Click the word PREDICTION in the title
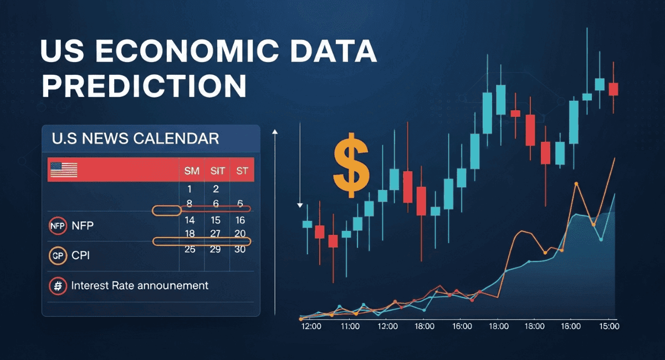pos(144,86)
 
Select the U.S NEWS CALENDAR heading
pos(135,138)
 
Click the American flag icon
pos(63,169)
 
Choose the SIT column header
pos(217,171)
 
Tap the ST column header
pos(242,171)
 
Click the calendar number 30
pos(241,249)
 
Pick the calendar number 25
pos(190,249)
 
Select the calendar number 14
pos(190,220)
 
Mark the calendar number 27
pos(216,234)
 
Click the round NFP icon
pos(57,226)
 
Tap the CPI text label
pos(80,256)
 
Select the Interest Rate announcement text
pos(140,286)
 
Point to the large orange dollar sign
pos(351,164)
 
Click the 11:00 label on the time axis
pos(350,327)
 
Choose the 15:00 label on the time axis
pos(608,327)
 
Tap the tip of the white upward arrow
pos(275,131)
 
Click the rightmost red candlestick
pos(613,89)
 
